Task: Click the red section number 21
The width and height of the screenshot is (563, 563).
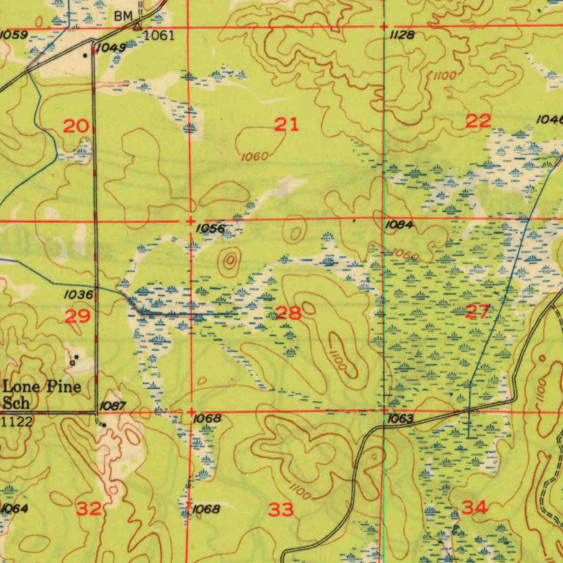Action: pyautogui.click(x=286, y=125)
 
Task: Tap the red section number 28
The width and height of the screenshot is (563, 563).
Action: pyautogui.click(x=288, y=314)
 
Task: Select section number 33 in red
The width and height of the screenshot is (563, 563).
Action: pyautogui.click(x=281, y=510)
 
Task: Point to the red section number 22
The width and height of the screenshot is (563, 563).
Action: pyautogui.click(x=478, y=122)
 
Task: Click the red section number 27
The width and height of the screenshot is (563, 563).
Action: pyautogui.click(x=477, y=313)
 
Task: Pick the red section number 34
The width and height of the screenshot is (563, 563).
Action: pyautogui.click(x=474, y=507)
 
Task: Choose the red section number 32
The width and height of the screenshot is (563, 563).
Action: pyautogui.click(x=89, y=509)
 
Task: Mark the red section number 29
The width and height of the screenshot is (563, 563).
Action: pyautogui.click(x=78, y=317)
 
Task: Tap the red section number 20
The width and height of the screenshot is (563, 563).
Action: pyautogui.click(x=75, y=127)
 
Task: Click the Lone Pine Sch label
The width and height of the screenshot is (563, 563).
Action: pyautogui.click(x=41, y=394)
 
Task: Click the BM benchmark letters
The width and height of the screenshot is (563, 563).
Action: pyautogui.click(x=123, y=16)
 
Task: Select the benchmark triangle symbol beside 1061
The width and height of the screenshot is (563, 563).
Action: pyautogui.click(x=137, y=26)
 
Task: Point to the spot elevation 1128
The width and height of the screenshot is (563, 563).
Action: pyautogui.click(x=401, y=35)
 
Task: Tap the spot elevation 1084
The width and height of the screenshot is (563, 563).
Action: pyautogui.click(x=399, y=224)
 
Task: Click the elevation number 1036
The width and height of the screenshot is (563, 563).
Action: pyautogui.click(x=78, y=295)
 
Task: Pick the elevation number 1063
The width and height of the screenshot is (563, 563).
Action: pyautogui.click(x=400, y=420)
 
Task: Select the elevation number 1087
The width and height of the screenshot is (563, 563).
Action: pyautogui.click(x=113, y=406)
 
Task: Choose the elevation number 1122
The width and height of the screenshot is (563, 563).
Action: pyautogui.click(x=17, y=422)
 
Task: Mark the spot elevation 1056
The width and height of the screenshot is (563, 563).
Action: pyautogui.click(x=211, y=228)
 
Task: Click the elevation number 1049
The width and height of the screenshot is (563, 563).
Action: pyautogui.click(x=111, y=48)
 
